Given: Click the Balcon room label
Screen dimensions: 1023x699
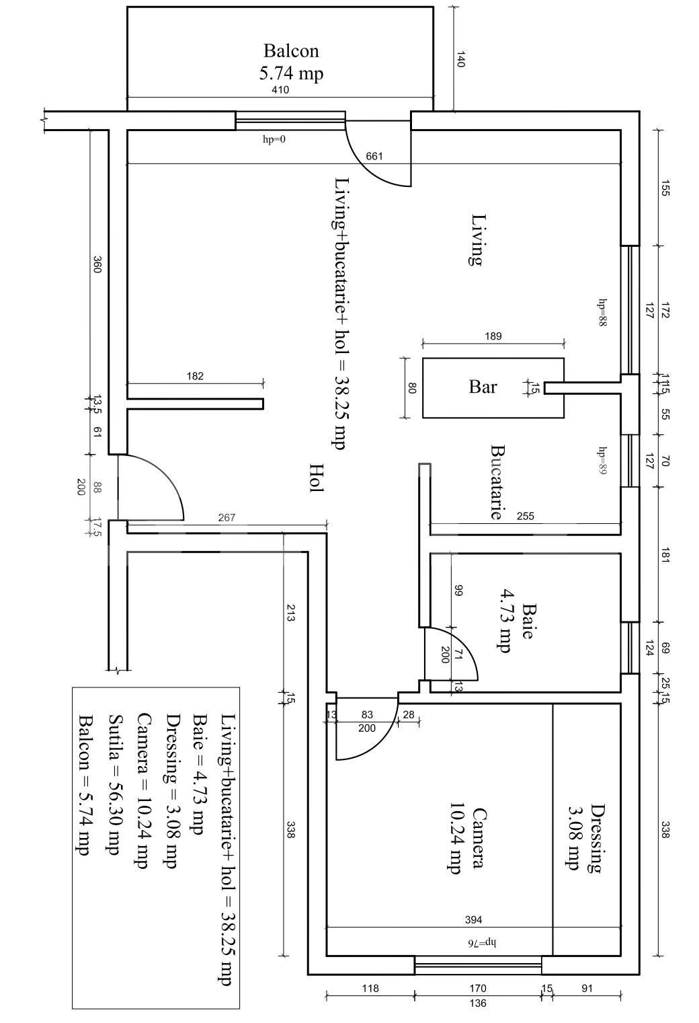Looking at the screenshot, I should pos(291,51).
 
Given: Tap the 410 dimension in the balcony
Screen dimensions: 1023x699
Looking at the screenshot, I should pos(280,90).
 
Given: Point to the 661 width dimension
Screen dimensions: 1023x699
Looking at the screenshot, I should pos(374,156).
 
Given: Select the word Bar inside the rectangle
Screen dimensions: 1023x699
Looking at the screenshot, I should pos(483,387).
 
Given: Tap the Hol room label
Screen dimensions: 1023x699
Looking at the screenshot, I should pos(316,478).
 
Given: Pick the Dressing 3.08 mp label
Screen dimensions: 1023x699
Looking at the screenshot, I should pos(583,837).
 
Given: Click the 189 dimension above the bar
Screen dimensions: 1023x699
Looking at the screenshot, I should pos(493,336).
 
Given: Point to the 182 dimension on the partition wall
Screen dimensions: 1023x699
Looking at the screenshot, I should pos(195,377).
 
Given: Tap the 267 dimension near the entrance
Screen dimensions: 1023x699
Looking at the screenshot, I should pos(227,517).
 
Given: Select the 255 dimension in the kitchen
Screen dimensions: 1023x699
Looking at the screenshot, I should pos(526,517).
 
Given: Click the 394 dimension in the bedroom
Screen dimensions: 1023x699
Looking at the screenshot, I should pos(474,919).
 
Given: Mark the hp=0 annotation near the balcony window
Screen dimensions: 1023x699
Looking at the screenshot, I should pos(274,139).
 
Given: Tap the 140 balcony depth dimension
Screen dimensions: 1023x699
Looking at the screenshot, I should pos(460,59).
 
